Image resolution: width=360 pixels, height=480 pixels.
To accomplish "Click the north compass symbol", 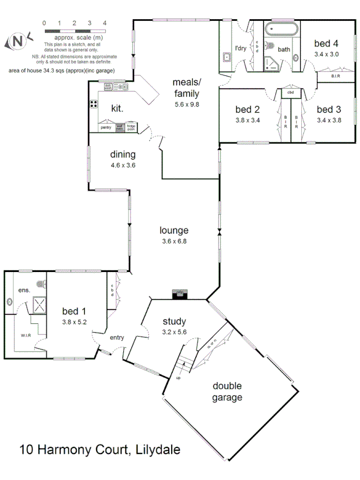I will pyautogui.click(x=17, y=41).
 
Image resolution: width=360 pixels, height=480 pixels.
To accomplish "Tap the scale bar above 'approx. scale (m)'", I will pyautogui.click(x=74, y=32).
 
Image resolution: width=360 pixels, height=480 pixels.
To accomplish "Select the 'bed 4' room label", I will pyautogui.click(x=326, y=44).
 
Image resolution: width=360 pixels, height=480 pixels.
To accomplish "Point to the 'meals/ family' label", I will pyautogui.click(x=186, y=88).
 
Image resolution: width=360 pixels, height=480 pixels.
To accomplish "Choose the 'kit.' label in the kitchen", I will pyautogui.click(x=117, y=108).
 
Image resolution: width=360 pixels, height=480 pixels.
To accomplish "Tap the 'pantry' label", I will pyautogui.click(x=106, y=127).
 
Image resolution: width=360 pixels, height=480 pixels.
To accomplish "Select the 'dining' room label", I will pyautogui.click(x=123, y=155).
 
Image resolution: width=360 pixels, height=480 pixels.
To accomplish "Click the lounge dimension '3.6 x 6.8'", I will pyautogui.click(x=174, y=241).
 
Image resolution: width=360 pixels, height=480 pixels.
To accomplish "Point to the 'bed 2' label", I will pyautogui.click(x=247, y=110).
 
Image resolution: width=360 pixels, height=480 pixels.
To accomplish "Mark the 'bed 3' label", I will pyautogui.click(x=329, y=110).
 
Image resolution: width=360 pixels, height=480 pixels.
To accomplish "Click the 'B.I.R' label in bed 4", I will pyautogui.click(x=336, y=77).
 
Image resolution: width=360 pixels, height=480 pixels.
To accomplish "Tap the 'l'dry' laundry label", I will pyautogui.click(x=237, y=47).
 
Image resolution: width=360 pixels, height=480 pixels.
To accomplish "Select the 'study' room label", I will pyautogui.click(x=174, y=321).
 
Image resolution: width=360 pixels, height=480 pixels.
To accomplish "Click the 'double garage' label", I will pyautogui.click(x=228, y=391).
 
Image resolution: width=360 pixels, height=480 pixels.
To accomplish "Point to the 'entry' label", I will pyautogui.click(x=117, y=338).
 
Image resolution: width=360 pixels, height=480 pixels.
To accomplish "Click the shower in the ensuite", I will pyautogui.click(x=39, y=304).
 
